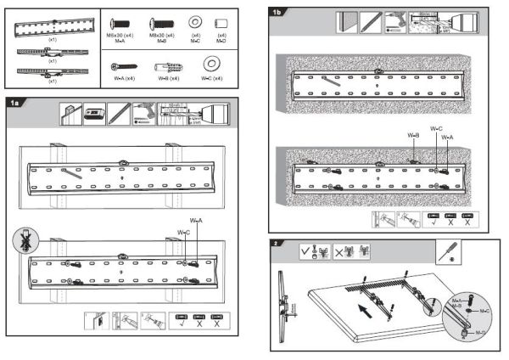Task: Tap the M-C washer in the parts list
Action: (x=195, y=20)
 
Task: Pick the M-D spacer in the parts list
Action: (x=222, y=21)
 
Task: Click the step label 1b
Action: (x=277, y=13)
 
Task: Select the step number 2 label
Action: (x=275, y=244)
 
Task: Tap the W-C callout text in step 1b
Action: (x=436, y=129)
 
